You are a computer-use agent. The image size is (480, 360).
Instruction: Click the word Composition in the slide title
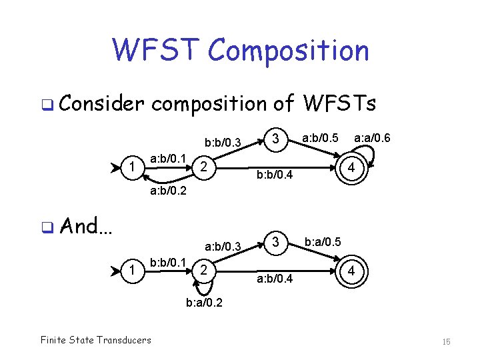pyautogui.click(x=288, y=51)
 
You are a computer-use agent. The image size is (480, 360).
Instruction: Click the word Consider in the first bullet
pyautogui.click(x=101, y=104)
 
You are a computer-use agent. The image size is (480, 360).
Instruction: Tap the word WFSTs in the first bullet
pyautogui.click(x=339, y=104)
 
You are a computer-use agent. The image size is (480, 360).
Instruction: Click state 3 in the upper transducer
pyautogui.click(x=275, y=139)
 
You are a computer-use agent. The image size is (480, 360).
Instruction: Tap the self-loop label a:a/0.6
pyautogui.click(x=372, y=138)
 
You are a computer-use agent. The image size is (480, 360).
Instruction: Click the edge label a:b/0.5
pyautogui.click(x=321, y=138)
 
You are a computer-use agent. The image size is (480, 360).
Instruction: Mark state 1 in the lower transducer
pyautogui.click(x=133, y=269)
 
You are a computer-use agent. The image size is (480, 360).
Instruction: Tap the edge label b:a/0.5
pyautogui.click(x=323, y=241)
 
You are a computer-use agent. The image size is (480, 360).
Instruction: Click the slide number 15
pyautogui.click(x=447, y=341)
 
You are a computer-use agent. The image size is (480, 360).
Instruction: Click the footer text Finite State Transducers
pyautogui.click(x=95, y=340)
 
